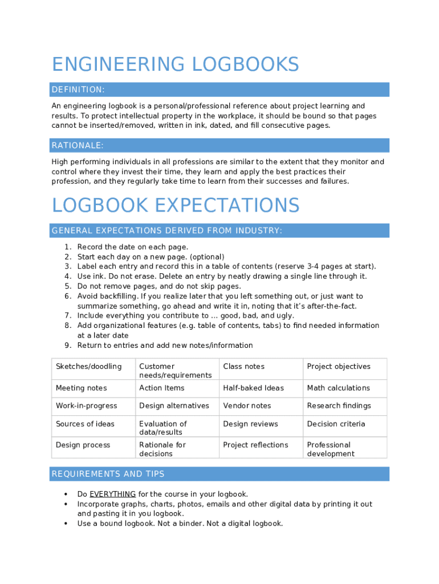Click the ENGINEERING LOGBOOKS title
point(175,64)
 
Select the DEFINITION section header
point(78,90)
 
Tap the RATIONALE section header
point(78,146)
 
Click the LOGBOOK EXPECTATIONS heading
point(175,205)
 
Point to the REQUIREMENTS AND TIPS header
point(108,474)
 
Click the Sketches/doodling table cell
point(88,367)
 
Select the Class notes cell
point(243,367)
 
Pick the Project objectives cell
point(339,367)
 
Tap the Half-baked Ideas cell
point(253,388)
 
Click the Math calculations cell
point(338,388)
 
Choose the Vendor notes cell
point(247,406)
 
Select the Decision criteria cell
point(336,424)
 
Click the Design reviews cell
point(250,424)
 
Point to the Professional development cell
point(331,449)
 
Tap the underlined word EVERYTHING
point(112,494)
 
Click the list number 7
point(67,315)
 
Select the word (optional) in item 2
point(207,257)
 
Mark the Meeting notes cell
point(81,388)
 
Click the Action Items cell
point(162,388)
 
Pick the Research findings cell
point(339,406)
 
